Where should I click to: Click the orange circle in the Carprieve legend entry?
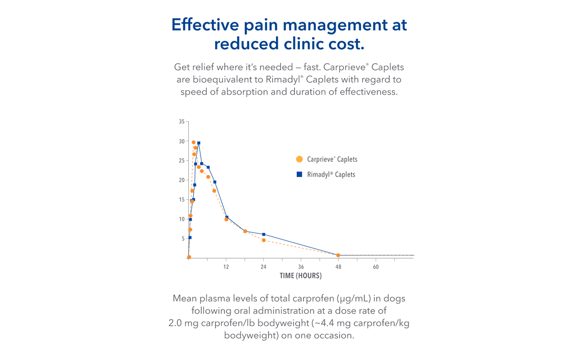299,159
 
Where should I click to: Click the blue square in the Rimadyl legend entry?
299,174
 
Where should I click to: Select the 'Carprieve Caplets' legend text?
332,159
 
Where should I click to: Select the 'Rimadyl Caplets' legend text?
331,175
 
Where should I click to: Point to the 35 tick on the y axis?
182,122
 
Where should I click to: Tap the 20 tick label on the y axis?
182,180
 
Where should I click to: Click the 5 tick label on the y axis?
182,238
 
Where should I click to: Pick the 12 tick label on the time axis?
226,267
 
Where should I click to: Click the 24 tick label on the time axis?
263,267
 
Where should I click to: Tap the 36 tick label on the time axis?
301,267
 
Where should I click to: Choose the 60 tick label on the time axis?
376,267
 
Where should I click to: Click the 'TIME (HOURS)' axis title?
300,276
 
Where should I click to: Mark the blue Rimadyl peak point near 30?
199,143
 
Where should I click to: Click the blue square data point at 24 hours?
264,234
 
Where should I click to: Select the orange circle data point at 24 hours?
264,240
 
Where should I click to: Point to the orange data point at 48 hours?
338,255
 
